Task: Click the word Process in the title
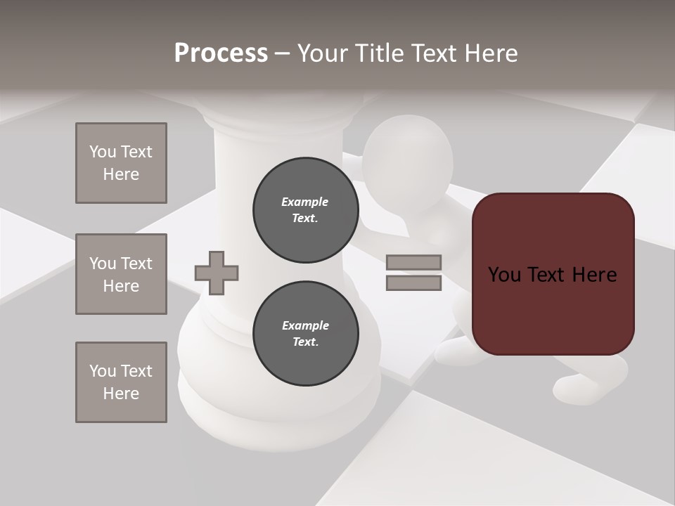coord(221,53)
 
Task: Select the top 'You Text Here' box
coord(121,163)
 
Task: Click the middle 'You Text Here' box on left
coord(121,274)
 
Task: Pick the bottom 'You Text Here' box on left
coord(121,382)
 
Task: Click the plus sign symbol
coord(217,273)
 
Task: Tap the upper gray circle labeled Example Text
coord(305,210)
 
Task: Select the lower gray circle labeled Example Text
coord(305,334)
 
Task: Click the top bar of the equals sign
coord(413,262)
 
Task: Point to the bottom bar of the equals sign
coord(413,283)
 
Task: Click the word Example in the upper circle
coord(305,202)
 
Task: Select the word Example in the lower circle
coord(305,325)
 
